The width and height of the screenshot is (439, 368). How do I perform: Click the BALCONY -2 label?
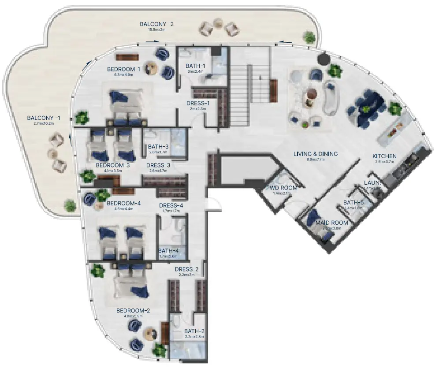[x=156, y=24]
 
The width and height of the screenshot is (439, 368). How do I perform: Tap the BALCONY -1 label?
[x=44, y=118]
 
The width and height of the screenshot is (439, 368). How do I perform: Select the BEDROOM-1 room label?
[x=123, y=69]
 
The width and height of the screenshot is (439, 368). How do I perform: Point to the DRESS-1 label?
[x=198, y=104]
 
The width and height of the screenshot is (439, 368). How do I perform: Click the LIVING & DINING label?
[x=316, y=154]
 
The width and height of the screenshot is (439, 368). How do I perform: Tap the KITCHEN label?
[x=384, y=156]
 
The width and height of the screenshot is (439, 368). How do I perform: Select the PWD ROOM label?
[x=282, y=188]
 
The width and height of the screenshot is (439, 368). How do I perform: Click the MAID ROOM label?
[x=332, y=223]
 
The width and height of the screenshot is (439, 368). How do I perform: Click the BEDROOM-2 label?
[x=133, y=311]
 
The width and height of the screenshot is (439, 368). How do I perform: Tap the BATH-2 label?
[x=194, y=331]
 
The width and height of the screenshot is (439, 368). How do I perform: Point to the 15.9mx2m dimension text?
[x=156, y=30]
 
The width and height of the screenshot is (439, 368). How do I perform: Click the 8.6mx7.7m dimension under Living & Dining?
[x=316, y=160]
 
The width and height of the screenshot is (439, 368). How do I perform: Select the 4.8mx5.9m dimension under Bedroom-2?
[x=133, y=316]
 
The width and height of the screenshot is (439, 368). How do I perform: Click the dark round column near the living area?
[x=324, y=59]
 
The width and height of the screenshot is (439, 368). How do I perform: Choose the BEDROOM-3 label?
[x=112, y=165]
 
